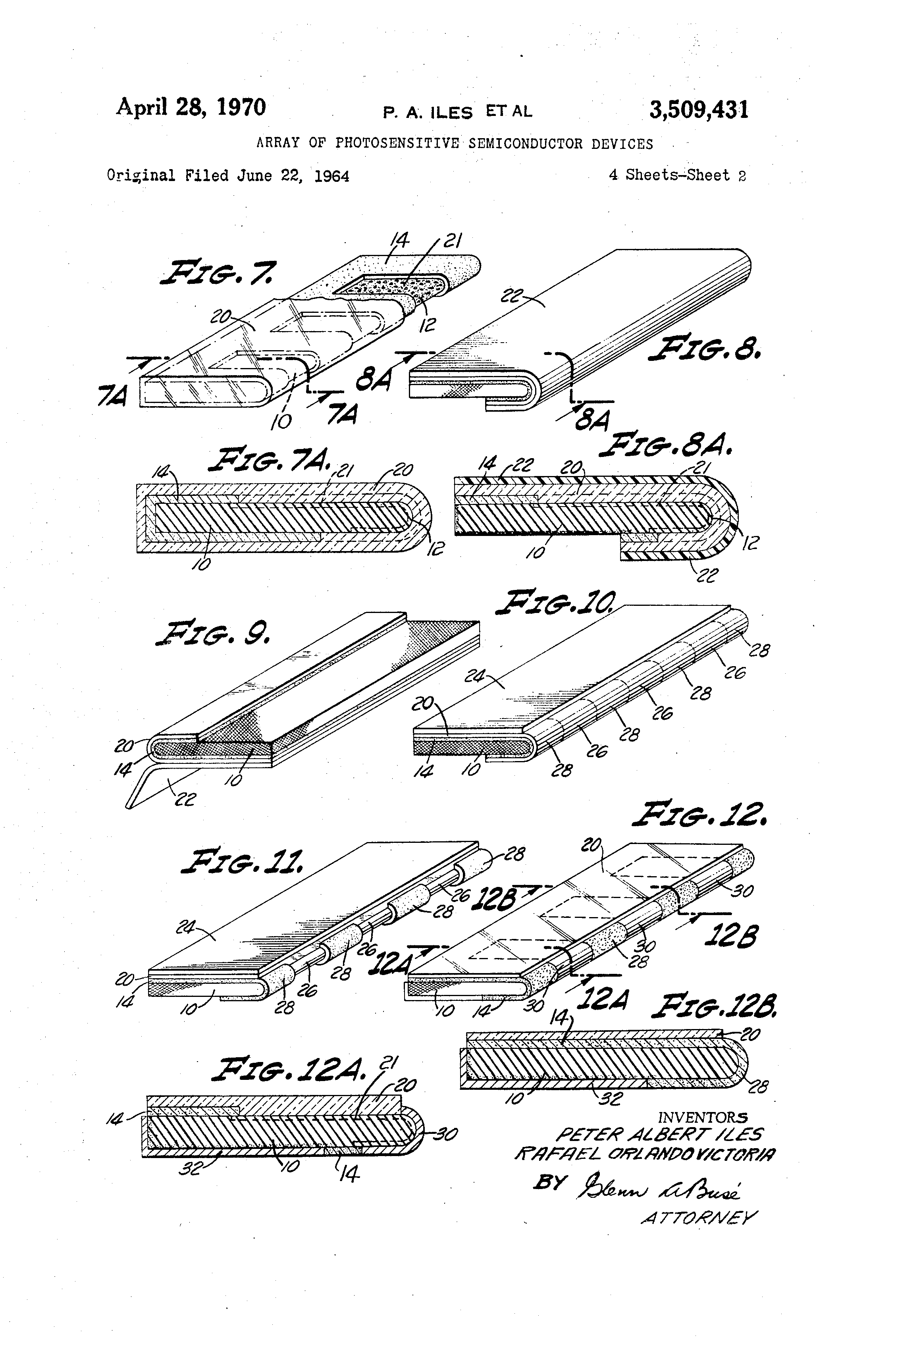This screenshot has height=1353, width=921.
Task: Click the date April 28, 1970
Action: (191, 108)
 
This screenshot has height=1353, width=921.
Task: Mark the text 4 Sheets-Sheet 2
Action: (677, 175)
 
